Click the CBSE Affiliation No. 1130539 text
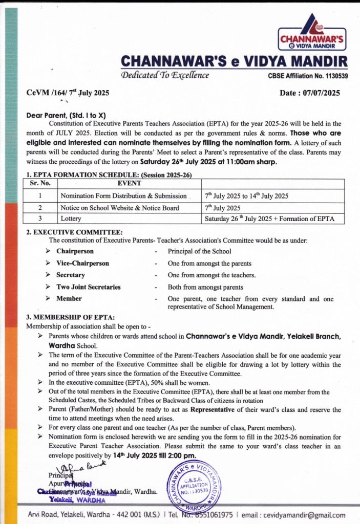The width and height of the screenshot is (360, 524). pyautogui.click(x=308, y=76)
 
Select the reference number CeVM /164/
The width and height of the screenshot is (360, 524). pyautogui.click(x=46, y=94)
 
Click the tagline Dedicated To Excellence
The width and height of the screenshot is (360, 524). pyautogui.click(x=164, y=75)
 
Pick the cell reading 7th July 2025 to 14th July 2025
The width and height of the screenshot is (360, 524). pyautogui.click(x=246, y=196)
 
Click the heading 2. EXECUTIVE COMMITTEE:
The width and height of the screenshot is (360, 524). pyautogui.click(x=74, y=232)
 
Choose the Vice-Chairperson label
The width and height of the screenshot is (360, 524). pyautogui.click(x=82, y=263)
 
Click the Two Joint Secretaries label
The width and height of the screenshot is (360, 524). pyautogui.click(x=88, y=287)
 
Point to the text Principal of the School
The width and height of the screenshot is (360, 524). pyautogui.click(x=199, y=251)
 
